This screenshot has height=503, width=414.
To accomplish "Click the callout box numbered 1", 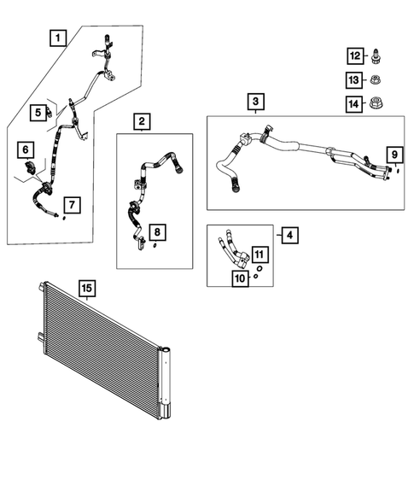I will (x=57, y=37).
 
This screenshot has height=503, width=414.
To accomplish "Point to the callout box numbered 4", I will (x=290, y=234).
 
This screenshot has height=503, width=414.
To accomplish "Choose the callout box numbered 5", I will (x=38, y=112).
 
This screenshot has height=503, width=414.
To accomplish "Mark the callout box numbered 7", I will (x=73, y=204).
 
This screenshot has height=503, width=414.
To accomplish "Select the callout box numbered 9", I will (x=394, y=154).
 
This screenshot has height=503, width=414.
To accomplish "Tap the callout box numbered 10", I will (x=241, y=278).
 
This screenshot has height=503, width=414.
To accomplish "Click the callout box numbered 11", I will (x=259, y=254).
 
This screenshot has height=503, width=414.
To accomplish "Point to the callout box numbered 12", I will (x=353, y=56).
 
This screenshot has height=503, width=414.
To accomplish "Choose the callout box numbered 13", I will (x=353, y=79).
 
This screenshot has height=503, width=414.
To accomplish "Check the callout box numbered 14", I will (x=353, y=104).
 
